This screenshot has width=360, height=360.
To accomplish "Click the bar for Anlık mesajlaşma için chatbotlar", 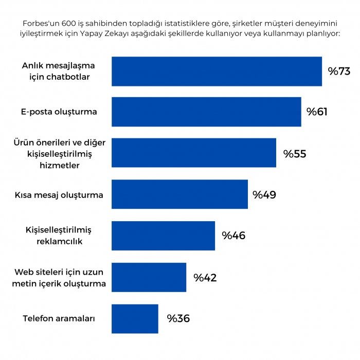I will (x=217, y=71).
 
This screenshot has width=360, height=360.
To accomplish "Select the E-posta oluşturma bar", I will (x=206, y=112).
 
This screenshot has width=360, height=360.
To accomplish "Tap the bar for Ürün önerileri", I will (x=193, y=153).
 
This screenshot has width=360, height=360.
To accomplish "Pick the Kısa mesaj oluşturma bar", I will (x=179, y=194).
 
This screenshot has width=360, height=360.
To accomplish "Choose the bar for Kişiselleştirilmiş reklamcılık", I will (x=163, y=236).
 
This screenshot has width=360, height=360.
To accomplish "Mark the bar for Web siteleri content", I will (x=149, y=277).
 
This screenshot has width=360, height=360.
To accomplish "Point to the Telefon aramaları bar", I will (x=135, y=319).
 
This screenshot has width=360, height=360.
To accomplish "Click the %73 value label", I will (x=339, y=71).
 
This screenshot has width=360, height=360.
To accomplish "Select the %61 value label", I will (x=317, y=112).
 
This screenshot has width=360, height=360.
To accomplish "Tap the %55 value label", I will (x=295, y=153).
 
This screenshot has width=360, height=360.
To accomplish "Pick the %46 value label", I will (x=233, y=236).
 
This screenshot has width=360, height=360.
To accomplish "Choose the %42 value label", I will (x=205, y=278).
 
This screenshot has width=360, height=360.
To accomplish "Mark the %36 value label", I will (x=178, y=318).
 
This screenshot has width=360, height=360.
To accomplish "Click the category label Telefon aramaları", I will (x=59, y=318).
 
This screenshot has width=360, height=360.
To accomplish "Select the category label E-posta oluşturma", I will (x=59, y=112).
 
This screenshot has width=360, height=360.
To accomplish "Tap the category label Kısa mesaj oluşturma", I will (x=59, y=195).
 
